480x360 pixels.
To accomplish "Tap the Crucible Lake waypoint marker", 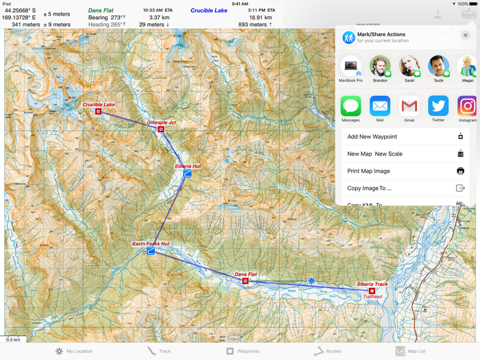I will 98,111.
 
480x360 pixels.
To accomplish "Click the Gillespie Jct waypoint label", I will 161,123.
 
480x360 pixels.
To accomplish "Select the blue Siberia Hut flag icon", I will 187,174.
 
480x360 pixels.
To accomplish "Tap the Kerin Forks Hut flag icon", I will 151,251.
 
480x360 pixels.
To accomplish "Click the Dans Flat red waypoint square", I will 245,281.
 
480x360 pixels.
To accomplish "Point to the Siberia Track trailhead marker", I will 372,291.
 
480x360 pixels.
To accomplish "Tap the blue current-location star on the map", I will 311,280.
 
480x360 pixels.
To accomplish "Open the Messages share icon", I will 351,106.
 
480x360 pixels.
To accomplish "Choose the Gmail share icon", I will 409,106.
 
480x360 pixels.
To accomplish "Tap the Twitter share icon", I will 438,106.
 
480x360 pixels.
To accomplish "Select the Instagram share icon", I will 467,106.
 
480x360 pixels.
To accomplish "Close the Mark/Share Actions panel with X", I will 465,36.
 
